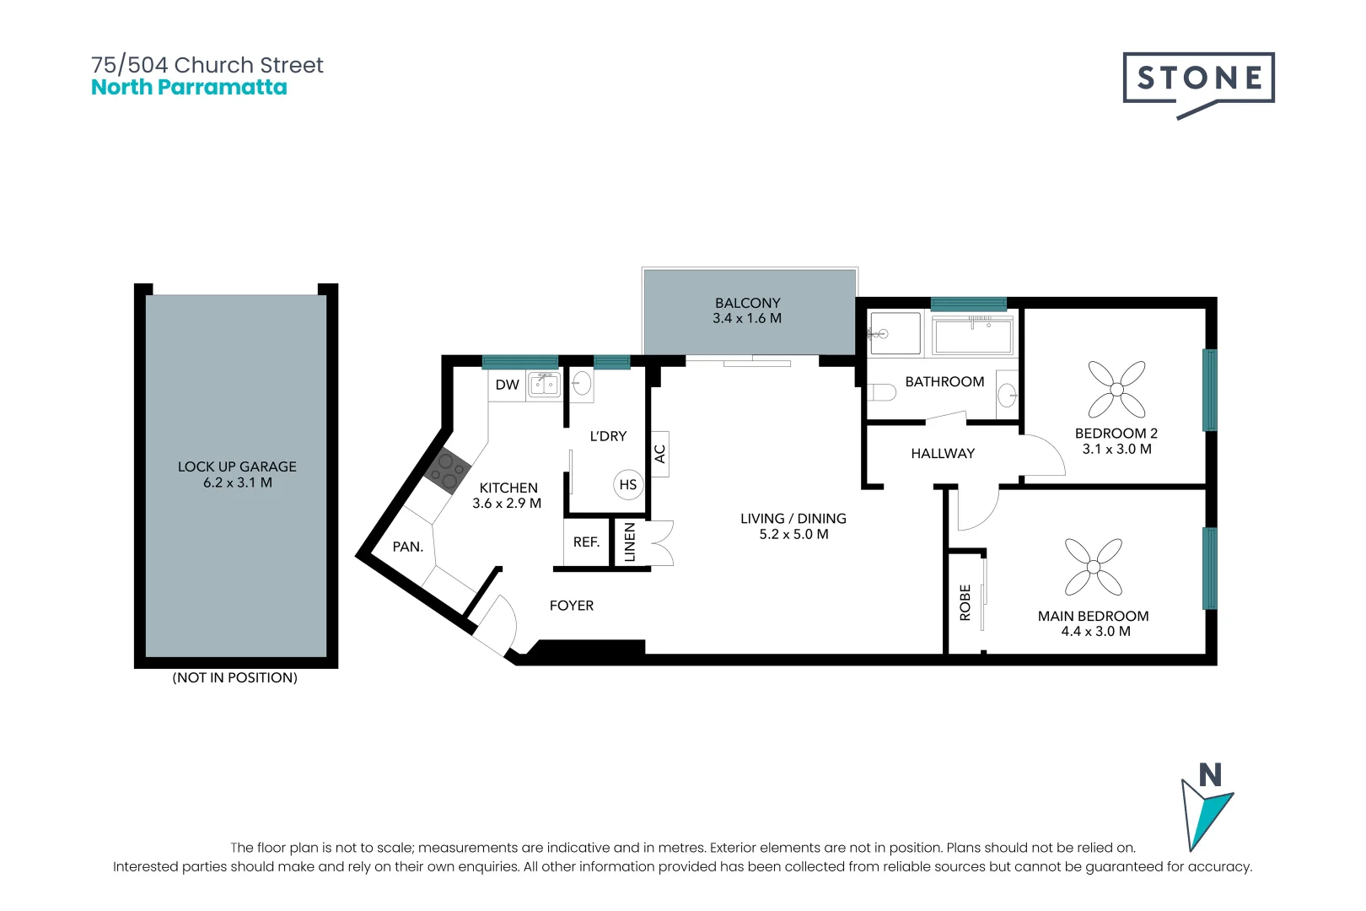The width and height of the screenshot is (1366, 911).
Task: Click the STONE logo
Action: (1199, 84)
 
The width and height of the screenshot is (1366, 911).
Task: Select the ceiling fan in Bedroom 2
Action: (1116, 390)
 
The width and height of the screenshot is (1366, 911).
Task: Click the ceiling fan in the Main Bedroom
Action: (1094, 567)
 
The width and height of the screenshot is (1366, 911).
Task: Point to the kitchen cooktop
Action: (447, 471)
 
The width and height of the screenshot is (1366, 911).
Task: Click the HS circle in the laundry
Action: (628, 484)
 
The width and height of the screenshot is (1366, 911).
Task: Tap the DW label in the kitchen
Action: (507, 385)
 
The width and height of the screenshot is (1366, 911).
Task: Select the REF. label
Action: (586, 542)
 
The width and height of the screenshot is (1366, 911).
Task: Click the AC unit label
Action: (660, 454)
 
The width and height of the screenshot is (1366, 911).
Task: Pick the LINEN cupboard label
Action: (630, 542)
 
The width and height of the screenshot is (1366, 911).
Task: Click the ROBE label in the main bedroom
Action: (965, 603)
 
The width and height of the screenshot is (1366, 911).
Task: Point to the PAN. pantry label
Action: (407, 547)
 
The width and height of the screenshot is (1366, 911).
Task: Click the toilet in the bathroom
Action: (881, 391)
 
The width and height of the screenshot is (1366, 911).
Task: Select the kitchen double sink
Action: (543, 385)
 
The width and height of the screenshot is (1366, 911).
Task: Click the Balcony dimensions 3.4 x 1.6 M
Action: (747, 318)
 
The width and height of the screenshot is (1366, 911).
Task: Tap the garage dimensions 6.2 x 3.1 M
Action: (237, 482)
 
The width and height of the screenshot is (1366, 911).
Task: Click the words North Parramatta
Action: (189, 87)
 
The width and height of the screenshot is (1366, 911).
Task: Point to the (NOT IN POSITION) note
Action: (234, 677)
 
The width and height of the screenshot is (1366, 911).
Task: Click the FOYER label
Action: (572, 606)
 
